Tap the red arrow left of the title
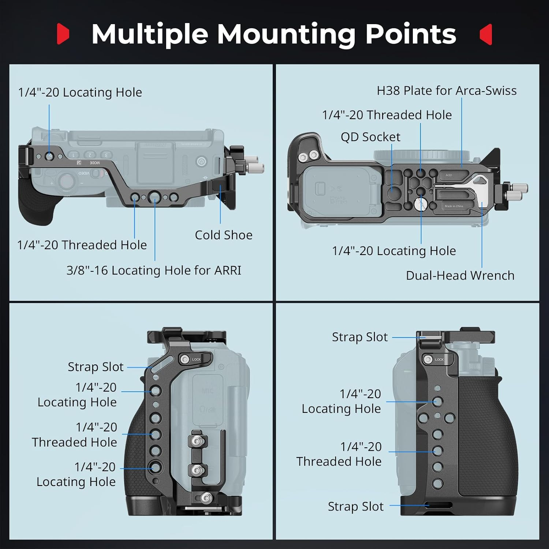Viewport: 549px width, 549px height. [63, 34]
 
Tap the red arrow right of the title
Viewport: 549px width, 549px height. [486, 34]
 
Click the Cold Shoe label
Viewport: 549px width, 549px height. [223, 235]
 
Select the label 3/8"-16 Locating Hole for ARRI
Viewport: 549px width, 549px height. [154, 270]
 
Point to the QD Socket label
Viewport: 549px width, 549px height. [370, 137]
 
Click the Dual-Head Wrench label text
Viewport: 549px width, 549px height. [460, 275]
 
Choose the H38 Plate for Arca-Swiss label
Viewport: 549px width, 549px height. [447, 90]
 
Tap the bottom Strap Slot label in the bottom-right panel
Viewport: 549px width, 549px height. [355, 506]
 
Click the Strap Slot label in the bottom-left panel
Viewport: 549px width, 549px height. [96, 367]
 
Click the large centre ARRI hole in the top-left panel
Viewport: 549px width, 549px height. [154, 197]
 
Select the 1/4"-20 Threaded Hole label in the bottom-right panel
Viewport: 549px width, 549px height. [339, 454]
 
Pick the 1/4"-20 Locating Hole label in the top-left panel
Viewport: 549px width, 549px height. [80, 92]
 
